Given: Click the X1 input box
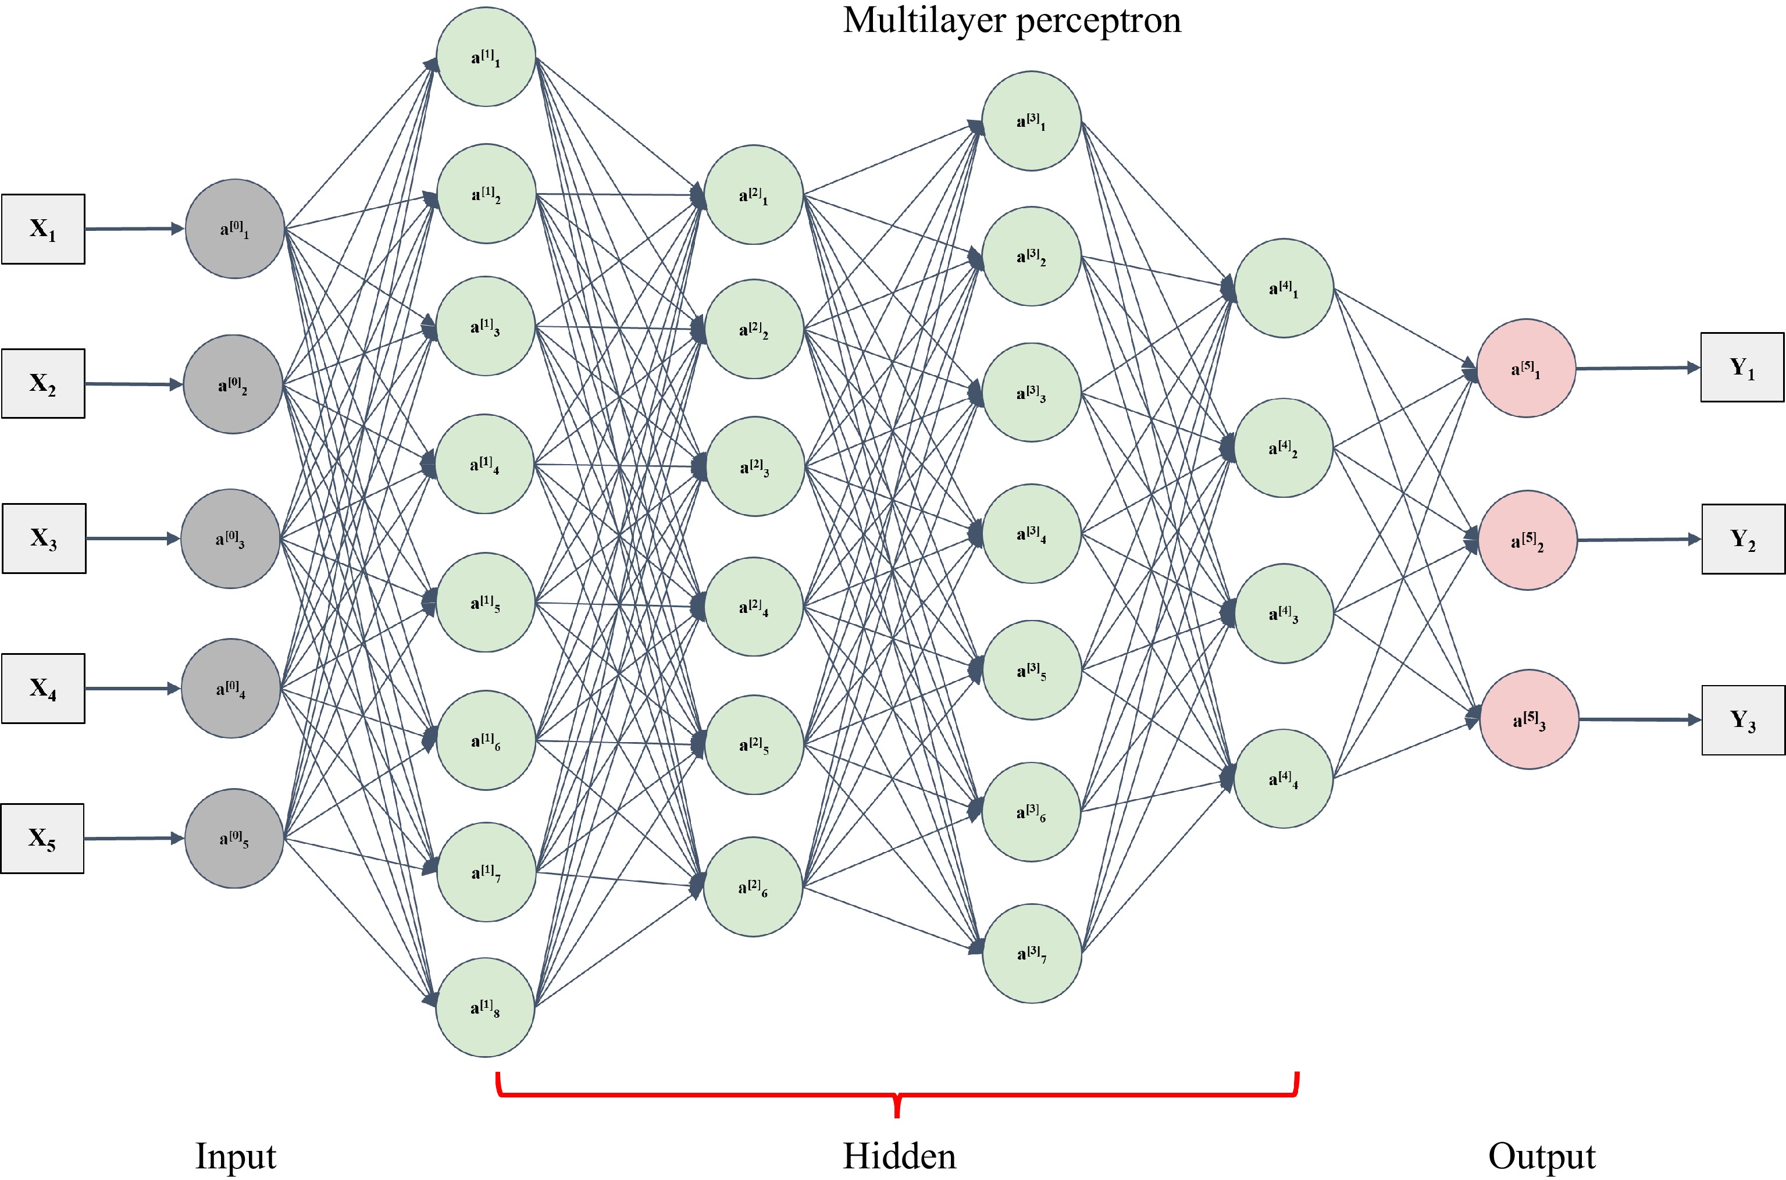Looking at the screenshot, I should point(43,229).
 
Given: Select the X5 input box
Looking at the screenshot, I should point(42,839).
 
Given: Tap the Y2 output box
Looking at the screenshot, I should point(1743,539).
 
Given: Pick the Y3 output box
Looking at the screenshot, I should point(1743,720).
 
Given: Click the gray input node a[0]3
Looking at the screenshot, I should point(230,539).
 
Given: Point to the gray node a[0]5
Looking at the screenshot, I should point(234,839).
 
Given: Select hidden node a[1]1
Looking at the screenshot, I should point(486,57).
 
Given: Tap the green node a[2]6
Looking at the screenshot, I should point(753,887).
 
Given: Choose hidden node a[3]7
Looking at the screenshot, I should point(1032,954).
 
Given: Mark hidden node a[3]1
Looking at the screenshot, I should point(1032,121).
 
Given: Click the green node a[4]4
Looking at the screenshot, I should point(1284,778).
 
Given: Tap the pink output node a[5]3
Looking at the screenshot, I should point(1529,719).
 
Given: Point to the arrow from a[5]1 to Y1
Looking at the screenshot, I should point(1637,368).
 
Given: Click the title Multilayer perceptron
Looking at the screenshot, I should point(1012,20).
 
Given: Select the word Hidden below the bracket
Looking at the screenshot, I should point(899,1156).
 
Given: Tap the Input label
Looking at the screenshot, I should point(236,1157).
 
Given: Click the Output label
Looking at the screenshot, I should point(1542,1157).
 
